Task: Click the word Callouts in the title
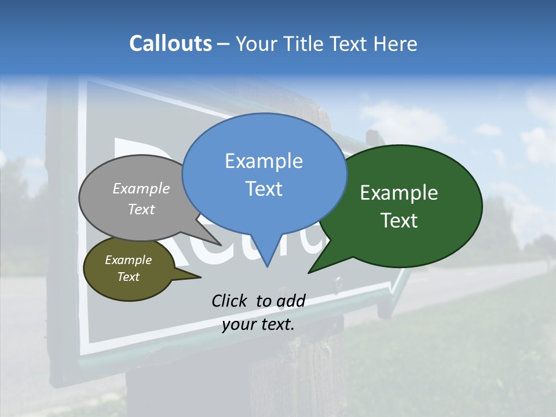(x=170, y=43)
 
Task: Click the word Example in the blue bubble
(x=264, y=160)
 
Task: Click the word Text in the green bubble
(x=399, y=221)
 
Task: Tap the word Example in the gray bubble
(x=141, y=188)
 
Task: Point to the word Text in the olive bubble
(x=129, y=277)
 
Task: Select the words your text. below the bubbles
(x=258, y=324)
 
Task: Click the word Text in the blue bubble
(x=264, y=188)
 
